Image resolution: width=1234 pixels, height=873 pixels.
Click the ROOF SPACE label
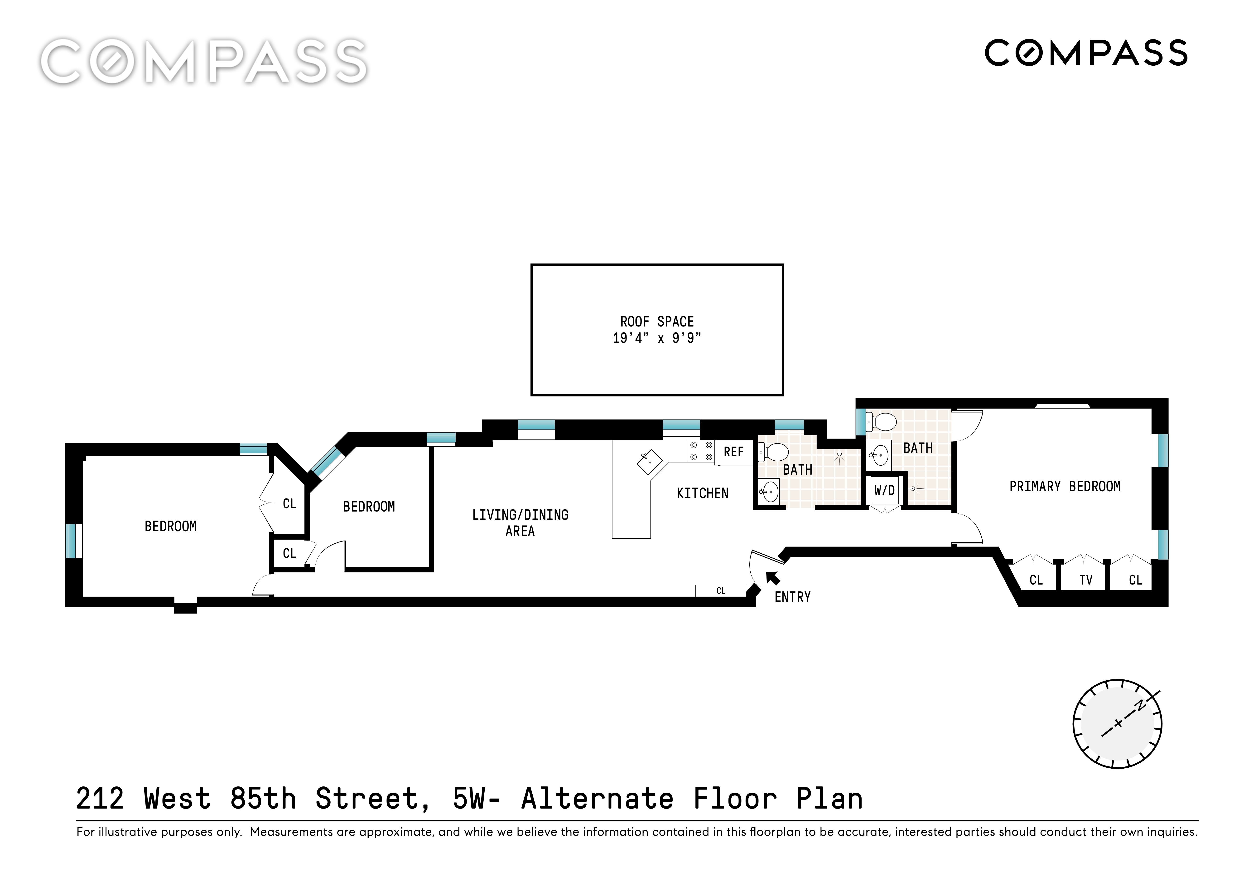point(657,322)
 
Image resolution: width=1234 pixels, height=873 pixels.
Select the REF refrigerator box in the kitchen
point(734,452)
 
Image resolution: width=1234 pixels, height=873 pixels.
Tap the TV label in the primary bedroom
point(1086,580)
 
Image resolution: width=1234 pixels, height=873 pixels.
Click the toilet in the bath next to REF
point(773,452)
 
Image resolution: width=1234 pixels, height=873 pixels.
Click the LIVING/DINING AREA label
point(520,523)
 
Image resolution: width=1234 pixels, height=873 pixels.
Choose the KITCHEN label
point(703,493)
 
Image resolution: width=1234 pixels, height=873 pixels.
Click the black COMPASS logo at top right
point(1086,53)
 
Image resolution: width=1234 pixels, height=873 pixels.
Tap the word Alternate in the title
point(597,799)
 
